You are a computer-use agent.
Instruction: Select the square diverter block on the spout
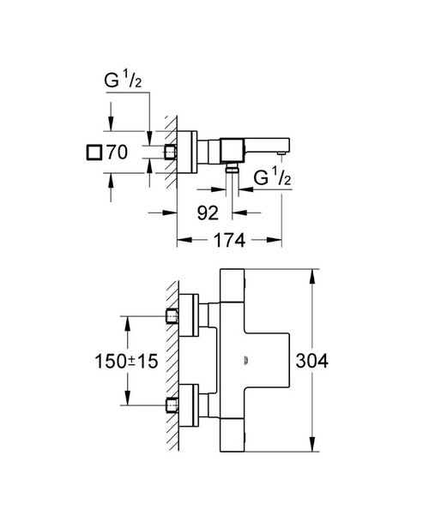click(x=232, y=148)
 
